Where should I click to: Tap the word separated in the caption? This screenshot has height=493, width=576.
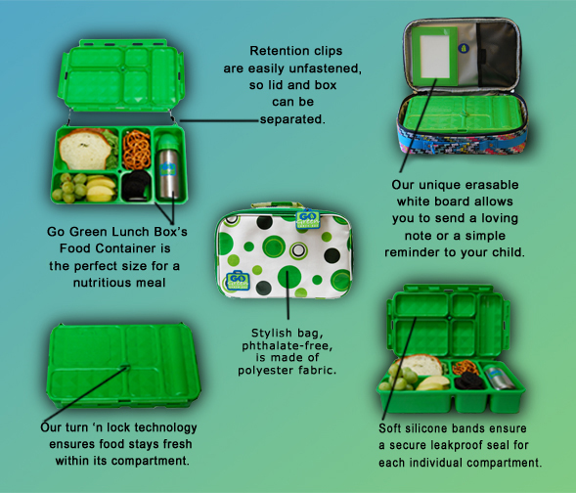292,119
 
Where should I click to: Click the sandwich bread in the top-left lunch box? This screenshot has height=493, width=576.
85,150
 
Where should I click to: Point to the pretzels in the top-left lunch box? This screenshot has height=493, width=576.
137,149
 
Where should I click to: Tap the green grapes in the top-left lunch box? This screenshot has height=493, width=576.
69,187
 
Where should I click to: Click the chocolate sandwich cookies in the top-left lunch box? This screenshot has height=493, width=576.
136,185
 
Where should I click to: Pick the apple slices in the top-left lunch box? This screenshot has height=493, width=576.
101,189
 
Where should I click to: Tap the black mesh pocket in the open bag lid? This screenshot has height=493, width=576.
497,54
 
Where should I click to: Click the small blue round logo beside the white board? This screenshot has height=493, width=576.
464,48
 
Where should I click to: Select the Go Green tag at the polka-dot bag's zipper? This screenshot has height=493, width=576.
308,218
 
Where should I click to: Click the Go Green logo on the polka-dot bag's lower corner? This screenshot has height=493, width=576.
238,281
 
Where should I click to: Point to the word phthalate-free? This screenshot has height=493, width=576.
287,345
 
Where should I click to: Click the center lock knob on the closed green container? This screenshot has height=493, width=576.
125,366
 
